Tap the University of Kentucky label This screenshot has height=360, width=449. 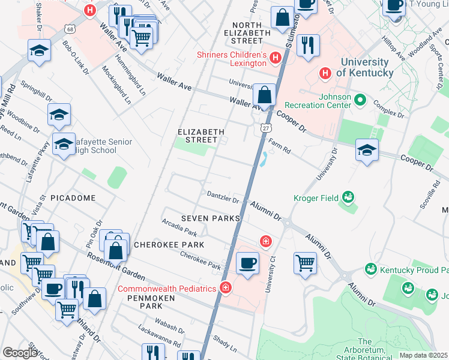click(367, 67)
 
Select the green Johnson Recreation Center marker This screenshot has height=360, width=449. click(360, 99)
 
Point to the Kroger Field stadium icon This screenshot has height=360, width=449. click(347, 197)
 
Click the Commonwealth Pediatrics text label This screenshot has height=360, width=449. click(166, 289)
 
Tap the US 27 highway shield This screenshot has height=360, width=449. click(265, 128)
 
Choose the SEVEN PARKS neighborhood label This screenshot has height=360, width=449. click(212, 218)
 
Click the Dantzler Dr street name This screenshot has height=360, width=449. click(223, 197)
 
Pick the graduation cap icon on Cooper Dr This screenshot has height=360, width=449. click(367, 151)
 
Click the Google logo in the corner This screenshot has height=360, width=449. click(19, 353)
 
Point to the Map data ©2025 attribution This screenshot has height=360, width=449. click(423, 355)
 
